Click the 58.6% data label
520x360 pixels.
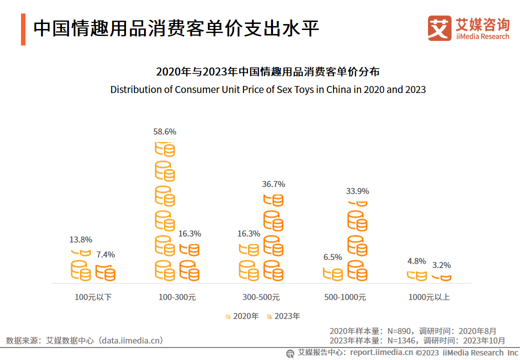coord(164,132)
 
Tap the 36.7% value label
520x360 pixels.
coord(273,184)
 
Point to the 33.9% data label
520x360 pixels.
coord(357,191)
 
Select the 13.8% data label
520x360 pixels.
coord(80,240)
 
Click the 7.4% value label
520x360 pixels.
coord(105,255)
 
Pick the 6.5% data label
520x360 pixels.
coord(332,257)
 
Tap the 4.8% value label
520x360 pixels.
coord(416,261)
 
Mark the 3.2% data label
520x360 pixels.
coord(441,265)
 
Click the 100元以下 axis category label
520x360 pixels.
coord(93,297)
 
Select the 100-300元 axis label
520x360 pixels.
coord(177,297)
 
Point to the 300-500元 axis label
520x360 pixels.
coord(261,297)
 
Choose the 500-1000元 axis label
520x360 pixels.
coord(345,297)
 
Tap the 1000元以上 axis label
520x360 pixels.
coord(429,297)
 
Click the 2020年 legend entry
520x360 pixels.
coord(242,316)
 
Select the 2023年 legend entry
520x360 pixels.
coord(283,316)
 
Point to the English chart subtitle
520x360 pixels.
coord(268,90)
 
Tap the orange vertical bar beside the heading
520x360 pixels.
coord(23,29)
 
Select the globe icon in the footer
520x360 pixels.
coord(290,353)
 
